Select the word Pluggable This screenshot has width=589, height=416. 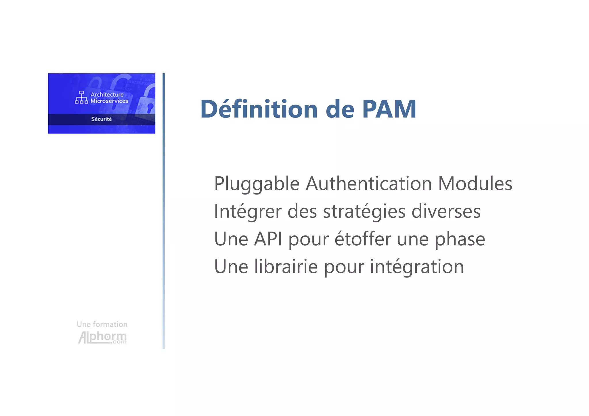pos(257,184)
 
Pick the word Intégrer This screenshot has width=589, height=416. pos(248,212)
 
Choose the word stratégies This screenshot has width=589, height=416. pos(364,212)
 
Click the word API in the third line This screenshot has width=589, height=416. pos(268,239)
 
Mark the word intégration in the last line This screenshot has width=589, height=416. pos(417,267)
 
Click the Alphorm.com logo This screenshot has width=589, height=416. pos(102,337)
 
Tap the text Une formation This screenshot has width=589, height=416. pos(102,324)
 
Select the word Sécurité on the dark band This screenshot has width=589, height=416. pos(101,119)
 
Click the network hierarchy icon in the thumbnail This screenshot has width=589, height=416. pos(81,97)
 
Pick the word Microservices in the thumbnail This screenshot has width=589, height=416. pos(109,101)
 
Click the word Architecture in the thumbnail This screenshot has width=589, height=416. pos(107,95)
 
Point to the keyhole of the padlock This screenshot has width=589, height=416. pos(150,108)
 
